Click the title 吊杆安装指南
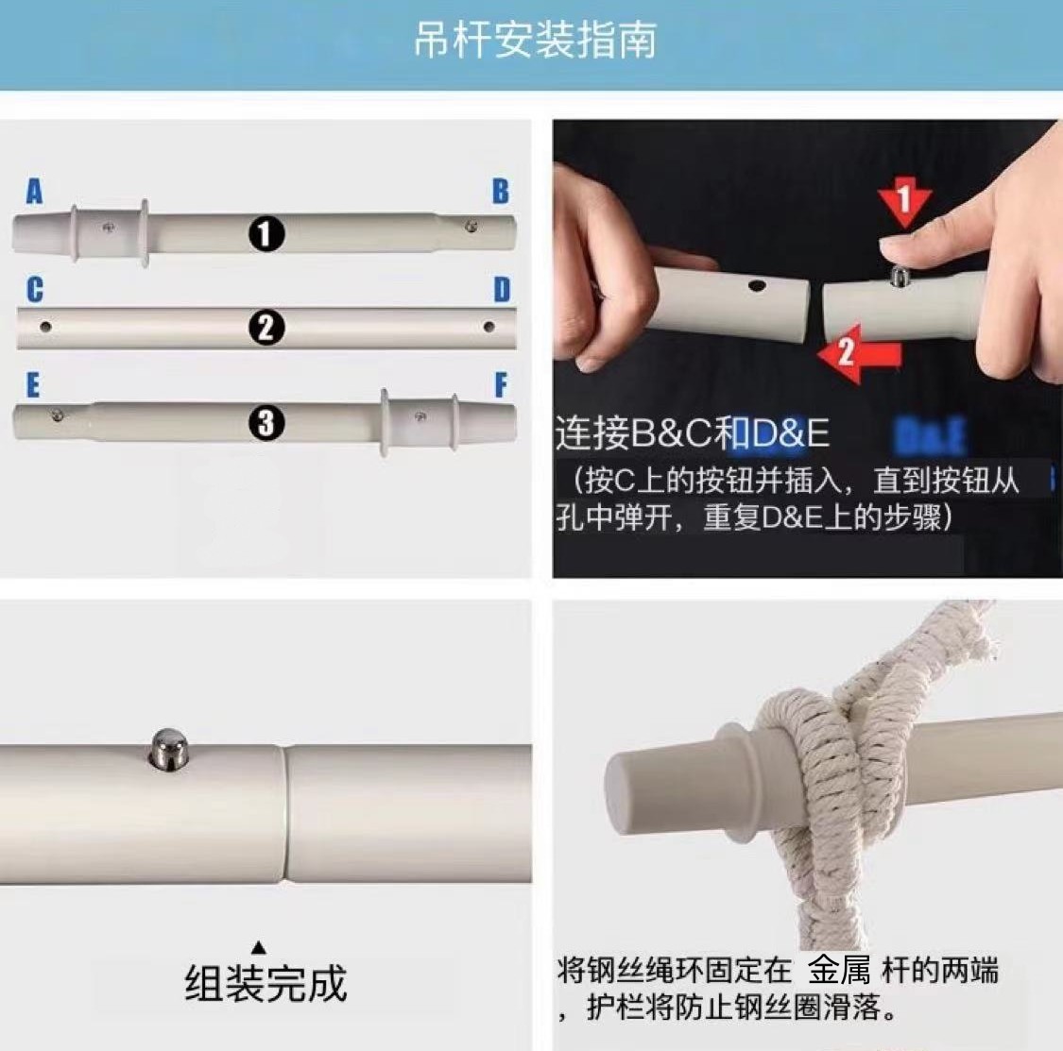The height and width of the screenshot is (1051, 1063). (x=534, y=41)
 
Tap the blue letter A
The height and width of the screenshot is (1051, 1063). (x=34, y=193)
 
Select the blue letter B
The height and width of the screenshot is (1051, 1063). (x=500, y=192)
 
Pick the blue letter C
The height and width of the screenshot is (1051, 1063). (x=34, y=289)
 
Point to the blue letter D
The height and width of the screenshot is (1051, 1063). (x=502, y=290)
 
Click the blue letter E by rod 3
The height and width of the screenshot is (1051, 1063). (x=33, y=386)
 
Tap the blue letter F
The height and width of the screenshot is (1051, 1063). (x=501, y=385)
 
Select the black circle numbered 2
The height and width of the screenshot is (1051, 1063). (x=266, y=328)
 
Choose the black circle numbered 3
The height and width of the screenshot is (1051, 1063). (x=266, y=423)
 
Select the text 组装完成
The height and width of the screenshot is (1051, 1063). (x=266, y=983)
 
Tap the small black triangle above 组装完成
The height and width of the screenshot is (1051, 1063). (x=259, y=947)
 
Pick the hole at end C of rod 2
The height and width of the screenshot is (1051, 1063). (x=44, y=327)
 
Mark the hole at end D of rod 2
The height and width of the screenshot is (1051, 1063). (x=488, y=328)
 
